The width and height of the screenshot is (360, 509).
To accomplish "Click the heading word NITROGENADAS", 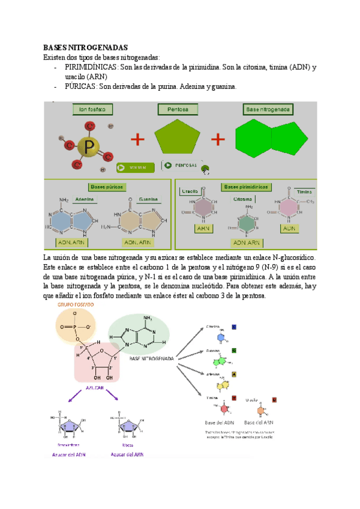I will tap(103, 47).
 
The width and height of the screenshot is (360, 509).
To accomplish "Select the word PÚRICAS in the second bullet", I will tap(80, 86).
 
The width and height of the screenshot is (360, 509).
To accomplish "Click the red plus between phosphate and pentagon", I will tap(138, 140).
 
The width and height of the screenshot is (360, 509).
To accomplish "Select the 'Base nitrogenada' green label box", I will tap(268, 110).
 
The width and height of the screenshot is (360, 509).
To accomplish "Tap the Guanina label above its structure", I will tap(148, 199).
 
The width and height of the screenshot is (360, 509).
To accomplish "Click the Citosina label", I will tap(242, 199).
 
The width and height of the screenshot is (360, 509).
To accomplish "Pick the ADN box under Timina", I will tap(289, 229).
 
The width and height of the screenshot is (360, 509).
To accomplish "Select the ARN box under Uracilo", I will tap(202, 229).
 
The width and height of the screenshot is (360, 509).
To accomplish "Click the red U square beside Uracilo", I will tap(274, 399).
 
